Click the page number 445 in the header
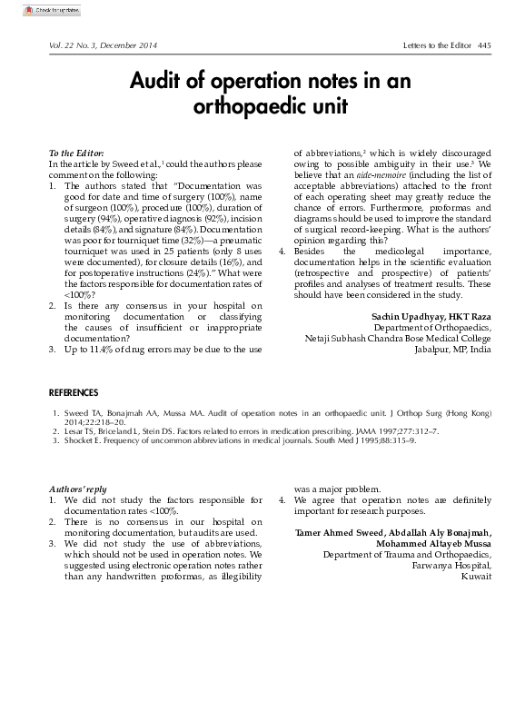pos(484,45)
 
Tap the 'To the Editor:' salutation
pos(75,153)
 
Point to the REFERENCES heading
pos(73,392)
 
